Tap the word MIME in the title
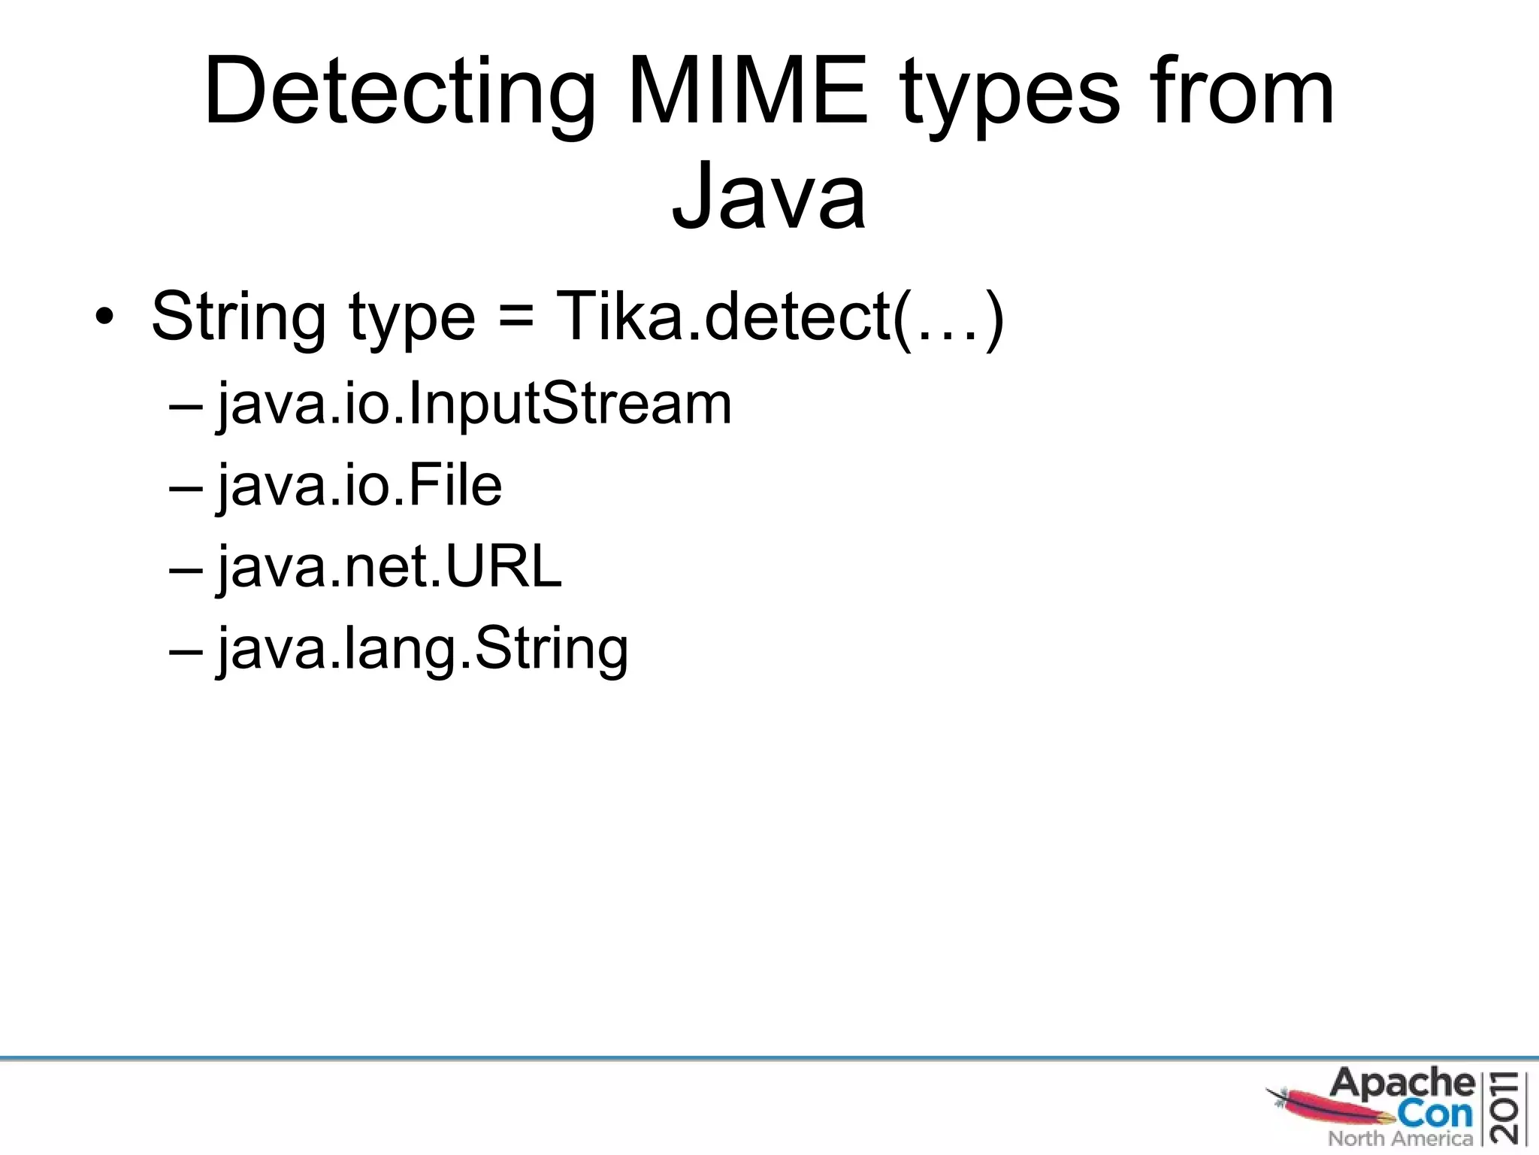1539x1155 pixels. click(x=747, y=92)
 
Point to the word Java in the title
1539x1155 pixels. click(x=769, y=197)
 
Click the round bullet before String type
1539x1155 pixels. click(x=104, y=317)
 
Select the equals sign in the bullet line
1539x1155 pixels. click(x=515, y=316)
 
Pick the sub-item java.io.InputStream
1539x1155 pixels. click(x=473, y=405)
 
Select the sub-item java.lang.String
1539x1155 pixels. click(x=422, y=649)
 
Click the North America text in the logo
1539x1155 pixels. click(x=1400, y=1138)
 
